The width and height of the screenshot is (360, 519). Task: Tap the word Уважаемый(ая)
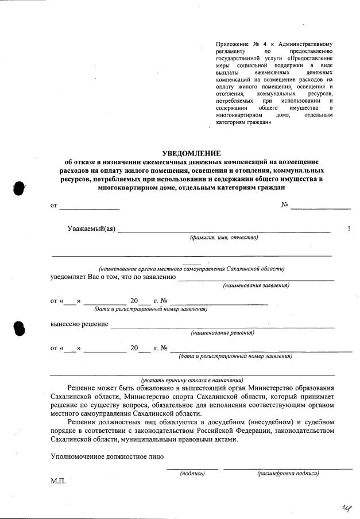click(91, 228)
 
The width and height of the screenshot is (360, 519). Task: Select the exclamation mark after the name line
click(349, 228)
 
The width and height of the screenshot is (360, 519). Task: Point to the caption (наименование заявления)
click(256, 285)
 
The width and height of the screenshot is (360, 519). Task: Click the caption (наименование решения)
click(223, 332)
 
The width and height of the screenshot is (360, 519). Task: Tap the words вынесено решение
click(79, 324)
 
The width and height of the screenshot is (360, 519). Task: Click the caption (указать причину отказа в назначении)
click(192, 380)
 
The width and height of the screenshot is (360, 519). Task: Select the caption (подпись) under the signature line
click(192, 474)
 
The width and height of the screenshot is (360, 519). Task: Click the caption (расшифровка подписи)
click(288, 474)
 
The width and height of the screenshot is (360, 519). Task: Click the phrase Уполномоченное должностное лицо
click(107, 457)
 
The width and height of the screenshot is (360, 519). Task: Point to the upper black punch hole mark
click(19, 188)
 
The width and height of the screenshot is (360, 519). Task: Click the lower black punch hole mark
click(19, 327)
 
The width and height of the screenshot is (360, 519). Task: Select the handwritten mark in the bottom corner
click(346, 505)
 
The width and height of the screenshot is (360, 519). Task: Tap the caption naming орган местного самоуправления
click(191, 269)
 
